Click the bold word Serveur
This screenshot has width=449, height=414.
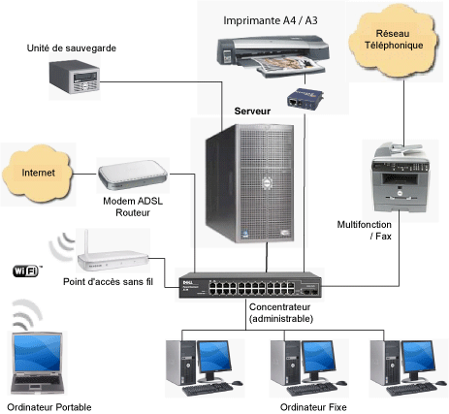point(252,111)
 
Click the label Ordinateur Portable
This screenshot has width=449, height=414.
point(48,405)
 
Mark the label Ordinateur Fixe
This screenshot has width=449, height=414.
point(306,406)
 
